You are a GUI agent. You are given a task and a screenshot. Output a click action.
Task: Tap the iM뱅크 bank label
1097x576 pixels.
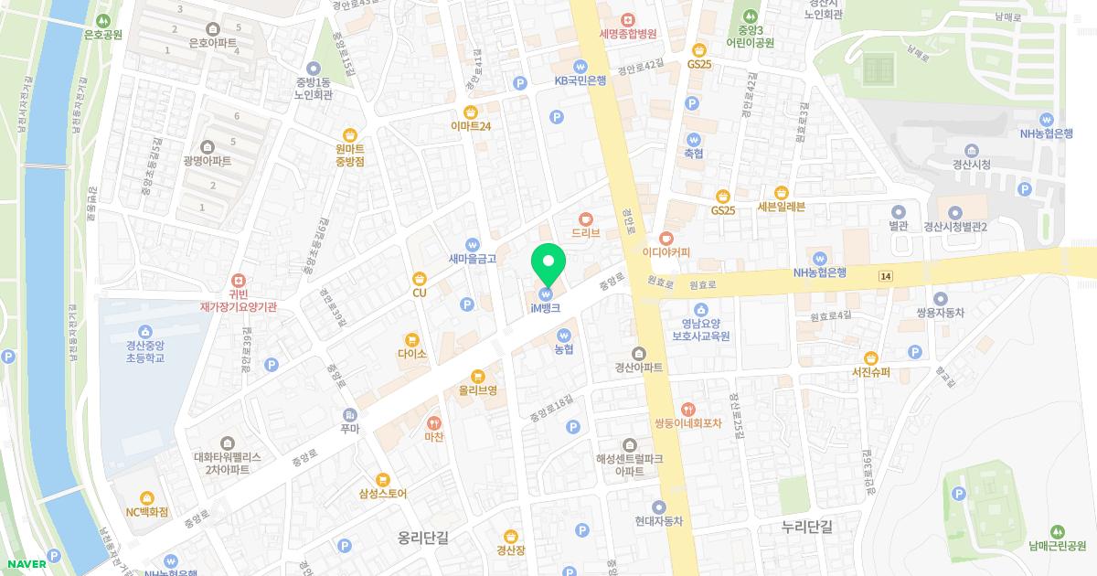(x=545, y=309)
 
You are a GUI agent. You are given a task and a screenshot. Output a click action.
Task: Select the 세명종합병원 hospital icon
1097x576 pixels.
(x=628, y=20)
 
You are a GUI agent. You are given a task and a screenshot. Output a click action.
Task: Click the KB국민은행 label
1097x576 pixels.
(x=580, y=80)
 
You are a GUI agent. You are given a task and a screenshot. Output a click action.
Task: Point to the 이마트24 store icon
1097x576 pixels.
(x=471, y=112)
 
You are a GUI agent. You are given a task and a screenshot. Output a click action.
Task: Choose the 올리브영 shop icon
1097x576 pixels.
(x=477, y=376)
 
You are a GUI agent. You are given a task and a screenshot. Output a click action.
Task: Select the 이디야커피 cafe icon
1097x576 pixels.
(x=666, y=238)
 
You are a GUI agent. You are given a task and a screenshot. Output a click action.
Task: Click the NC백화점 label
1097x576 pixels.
(x=147, y=512)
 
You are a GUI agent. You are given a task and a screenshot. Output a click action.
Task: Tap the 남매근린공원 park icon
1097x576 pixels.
(x=1058, y=531)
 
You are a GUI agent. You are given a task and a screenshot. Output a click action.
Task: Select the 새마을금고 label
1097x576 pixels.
(x=473, y=259)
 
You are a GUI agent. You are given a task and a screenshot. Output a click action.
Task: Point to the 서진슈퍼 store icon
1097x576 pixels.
(x=871, y=357)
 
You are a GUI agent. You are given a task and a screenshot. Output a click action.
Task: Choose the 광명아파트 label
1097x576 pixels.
(x=208, y=161)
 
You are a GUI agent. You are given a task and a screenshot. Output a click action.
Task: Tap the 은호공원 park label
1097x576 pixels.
(x=103, y=35)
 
